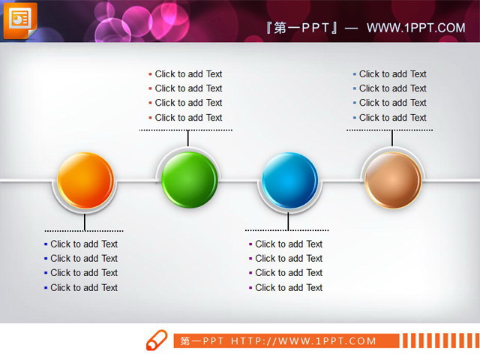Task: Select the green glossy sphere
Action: point(189,179)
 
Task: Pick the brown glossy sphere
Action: point(392,179)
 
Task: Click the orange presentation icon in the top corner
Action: point(19,19)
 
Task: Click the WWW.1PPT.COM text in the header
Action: point(415,28)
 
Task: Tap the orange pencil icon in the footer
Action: point(157,340)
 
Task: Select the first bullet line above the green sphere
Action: point(187,74)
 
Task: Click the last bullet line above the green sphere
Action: point(187,118)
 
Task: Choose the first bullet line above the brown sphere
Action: point(391,74)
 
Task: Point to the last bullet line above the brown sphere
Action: point(391,118)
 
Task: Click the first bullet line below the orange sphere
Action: point(83,244)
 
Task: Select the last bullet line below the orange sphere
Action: point(83,287)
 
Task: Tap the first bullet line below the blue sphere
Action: point(288,244)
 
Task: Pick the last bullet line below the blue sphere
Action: point(288,287)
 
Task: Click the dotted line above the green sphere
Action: point(186,130)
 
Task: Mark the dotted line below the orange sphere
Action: point(84,230)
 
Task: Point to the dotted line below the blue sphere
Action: point(286,230)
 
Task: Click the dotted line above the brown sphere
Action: point(389,130)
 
